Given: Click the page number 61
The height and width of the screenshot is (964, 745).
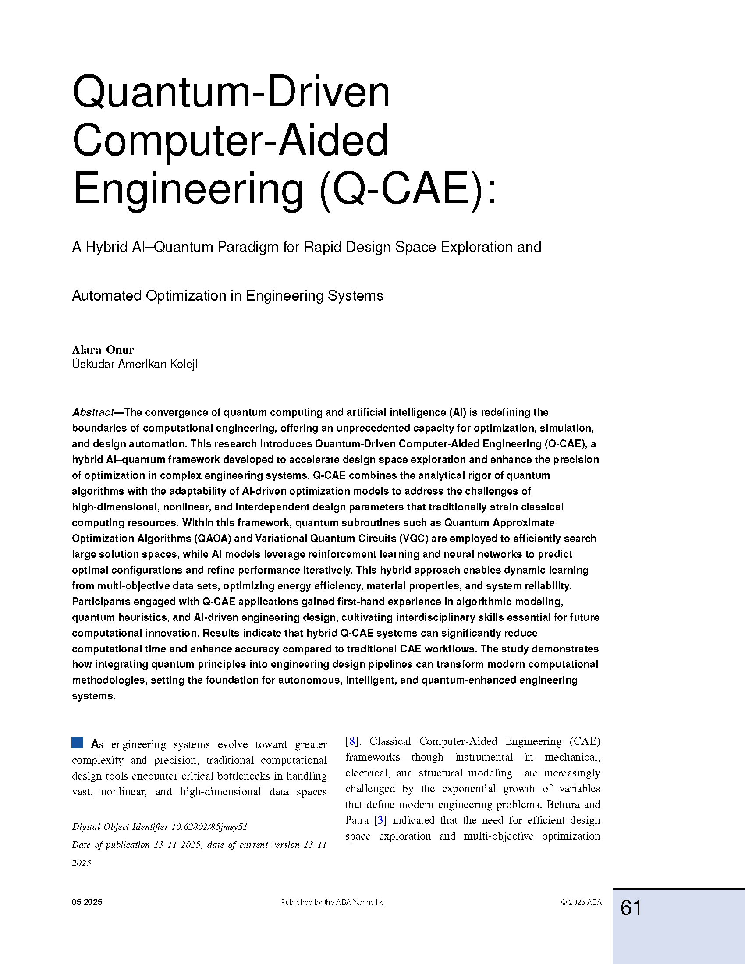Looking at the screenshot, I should pyautogui.click(x=631, y=908).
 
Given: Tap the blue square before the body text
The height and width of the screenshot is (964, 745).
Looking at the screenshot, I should pyautogui.click(x=77, y=742).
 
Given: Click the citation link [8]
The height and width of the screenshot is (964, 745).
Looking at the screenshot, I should pyautogui.click(x=351, y=741).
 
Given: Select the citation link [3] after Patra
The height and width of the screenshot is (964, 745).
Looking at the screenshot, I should pyautogui.click(x=380, y=820).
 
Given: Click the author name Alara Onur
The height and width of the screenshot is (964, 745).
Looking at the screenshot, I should pyautogui.click(x=103, y=350).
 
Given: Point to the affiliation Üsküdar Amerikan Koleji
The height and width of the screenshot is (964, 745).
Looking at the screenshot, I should pyautogui.click(x=135, y=364).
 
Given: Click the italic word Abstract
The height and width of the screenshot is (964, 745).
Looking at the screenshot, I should pyautogui.click(x=92, y=412).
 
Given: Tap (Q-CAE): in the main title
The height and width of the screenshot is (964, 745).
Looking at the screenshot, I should pyautogui.click(x=408, y=189).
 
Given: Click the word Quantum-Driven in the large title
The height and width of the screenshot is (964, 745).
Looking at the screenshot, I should pyautogui.click(x=231, y=92).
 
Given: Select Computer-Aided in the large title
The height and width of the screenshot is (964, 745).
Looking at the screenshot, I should pyautogui.click(x=230, y=140).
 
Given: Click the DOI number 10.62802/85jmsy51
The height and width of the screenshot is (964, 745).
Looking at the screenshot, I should pyautogui.click(x=209, y=827).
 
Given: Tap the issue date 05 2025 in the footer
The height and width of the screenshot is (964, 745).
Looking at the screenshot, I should pyautogui.click(x=87, y=902).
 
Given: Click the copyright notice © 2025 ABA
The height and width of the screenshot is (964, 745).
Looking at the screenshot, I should pyautogui.click(x=581, y=902).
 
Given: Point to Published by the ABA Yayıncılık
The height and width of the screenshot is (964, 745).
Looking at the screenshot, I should pyautogui.click(x=332, y=902).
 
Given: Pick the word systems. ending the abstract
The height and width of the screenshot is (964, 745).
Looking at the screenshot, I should pyautogui.click(x=94, y=696).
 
